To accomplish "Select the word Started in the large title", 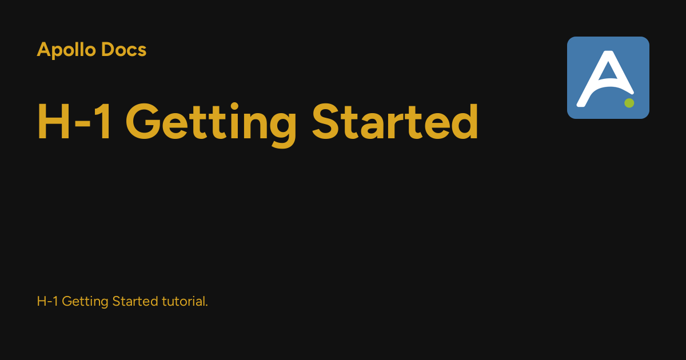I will pyautogui.click(x=395, y=122).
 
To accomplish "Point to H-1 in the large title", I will pyautogui.click(x=74, y=122).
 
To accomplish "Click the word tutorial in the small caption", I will pyautogui.click(x=182, y=301).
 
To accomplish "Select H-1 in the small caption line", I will pyautogui.click(x=47, y=301).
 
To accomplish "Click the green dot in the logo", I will pyautogui.click(x=629, y=103).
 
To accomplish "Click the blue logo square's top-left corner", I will pyautogui.click(x=569, y=39).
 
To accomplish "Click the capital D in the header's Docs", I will pyautogui.click(x=109, y=50).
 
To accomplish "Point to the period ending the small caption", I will pyautogui.click(x=206, y=305).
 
